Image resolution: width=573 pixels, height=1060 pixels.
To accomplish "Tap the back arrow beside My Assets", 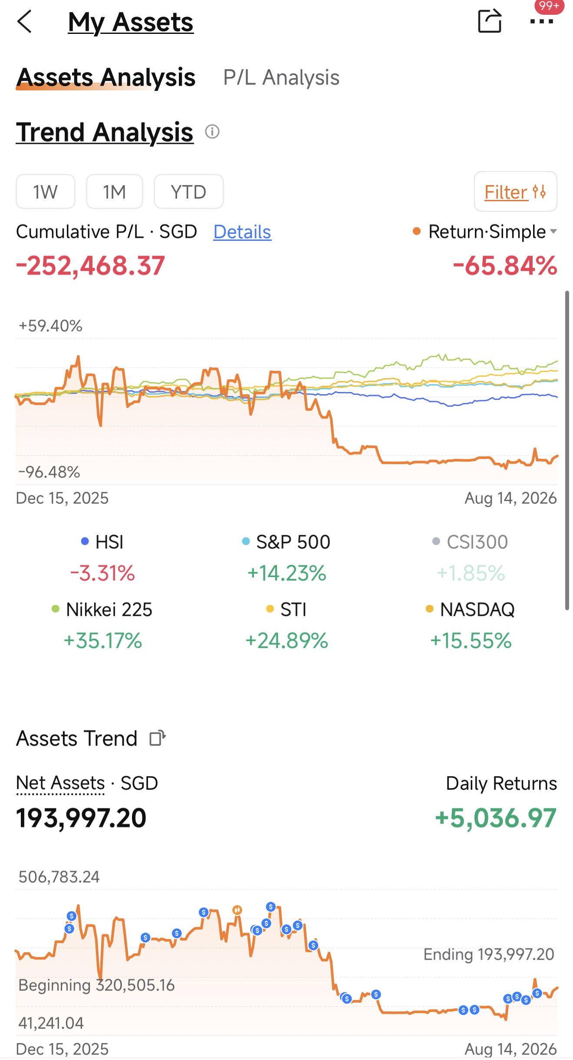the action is click(x=24, y=22).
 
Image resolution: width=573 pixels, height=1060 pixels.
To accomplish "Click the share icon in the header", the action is click(x=490, y=21).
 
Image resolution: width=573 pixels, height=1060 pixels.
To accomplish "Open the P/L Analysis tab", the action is click(x=281, y=78).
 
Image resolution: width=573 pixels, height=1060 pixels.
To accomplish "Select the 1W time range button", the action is click(x=46, y=192).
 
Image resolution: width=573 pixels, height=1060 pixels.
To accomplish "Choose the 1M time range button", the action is click(x=115, y=192).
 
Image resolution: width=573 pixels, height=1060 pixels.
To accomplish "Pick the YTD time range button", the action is click(x=189, y=192).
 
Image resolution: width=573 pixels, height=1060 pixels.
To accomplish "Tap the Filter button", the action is click(x=515, y=192).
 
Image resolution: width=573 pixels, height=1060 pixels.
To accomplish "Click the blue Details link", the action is click(x=242, y=232).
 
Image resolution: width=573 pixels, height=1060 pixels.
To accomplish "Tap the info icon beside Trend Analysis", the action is click(x=212, y=131).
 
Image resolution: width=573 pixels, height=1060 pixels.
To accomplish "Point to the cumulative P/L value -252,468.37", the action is click(x=90, y=266).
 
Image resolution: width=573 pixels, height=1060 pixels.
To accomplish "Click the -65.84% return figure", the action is click(x=505, y=266).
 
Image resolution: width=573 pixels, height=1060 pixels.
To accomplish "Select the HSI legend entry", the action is click(x=102, y=542).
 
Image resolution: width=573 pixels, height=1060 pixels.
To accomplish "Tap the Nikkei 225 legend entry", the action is click(x=102, y=609).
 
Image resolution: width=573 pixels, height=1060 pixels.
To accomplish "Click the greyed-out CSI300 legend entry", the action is click(x=471, y=542).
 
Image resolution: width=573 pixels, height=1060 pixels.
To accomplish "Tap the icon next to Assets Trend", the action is click(x=158, y=738).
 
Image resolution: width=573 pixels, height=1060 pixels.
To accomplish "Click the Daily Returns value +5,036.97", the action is click(x=496, y=818).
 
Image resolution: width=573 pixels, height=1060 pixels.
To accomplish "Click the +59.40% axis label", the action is click(x=50, y=326).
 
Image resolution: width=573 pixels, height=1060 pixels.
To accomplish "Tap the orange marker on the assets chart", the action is click(x=237, y=910).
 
